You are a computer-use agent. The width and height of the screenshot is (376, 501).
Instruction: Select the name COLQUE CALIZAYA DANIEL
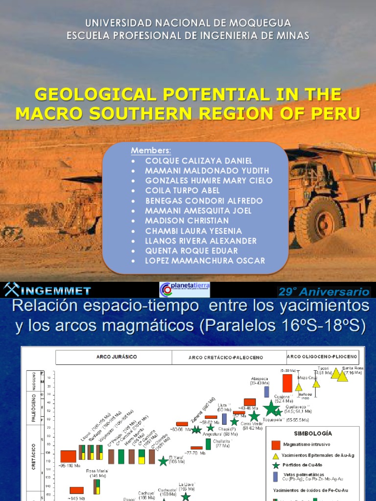(x=199, y=160)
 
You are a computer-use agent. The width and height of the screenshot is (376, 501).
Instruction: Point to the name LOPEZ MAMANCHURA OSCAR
(x=205, y=261)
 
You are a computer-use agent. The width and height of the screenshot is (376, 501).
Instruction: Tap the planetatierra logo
(x=185, y=289)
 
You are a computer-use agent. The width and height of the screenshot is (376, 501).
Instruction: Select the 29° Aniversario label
(x=324, y=292)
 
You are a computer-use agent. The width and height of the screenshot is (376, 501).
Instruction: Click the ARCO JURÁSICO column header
(x=114, y=357)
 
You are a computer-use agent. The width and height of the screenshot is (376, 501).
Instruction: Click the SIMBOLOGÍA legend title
(x=313, y=433)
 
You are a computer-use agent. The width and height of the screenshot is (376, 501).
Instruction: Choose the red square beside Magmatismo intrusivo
(x=276, y=445)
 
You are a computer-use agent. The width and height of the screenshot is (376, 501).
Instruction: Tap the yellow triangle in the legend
(x=276, y=456)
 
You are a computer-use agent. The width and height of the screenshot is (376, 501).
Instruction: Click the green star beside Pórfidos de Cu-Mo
(x=276, y=466)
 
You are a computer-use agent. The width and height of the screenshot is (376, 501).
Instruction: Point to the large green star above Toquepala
(x=271, y=408)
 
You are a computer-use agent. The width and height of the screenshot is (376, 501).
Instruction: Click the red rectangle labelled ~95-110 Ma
(x=68, y=456)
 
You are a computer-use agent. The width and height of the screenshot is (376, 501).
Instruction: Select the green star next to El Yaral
(x=163, y=461)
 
